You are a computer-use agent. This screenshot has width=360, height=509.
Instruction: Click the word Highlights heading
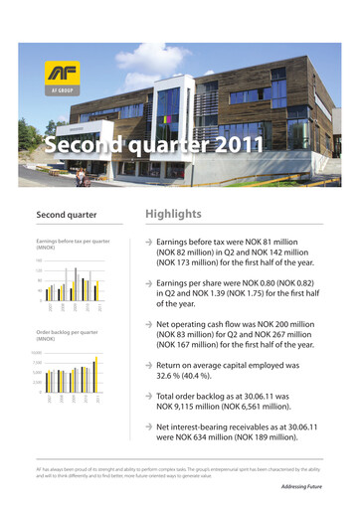[x=173, y=214]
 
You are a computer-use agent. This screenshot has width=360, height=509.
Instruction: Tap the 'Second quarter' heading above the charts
[x=66, y=215]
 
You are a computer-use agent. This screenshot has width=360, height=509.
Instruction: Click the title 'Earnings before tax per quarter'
[x=73, y=242]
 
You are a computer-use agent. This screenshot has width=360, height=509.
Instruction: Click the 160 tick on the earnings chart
[x=39, y=260]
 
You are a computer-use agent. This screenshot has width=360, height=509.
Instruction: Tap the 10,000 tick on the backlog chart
[x=37, y=353]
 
